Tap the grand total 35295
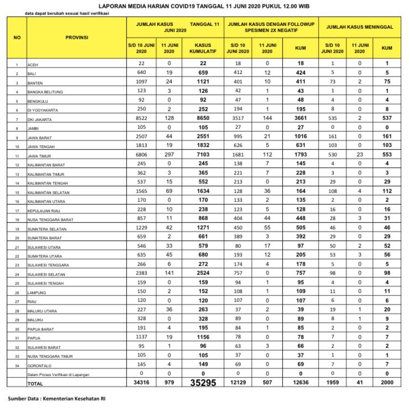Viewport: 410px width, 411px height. click(x=203, y=382)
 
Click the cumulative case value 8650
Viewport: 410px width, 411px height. click(x=203, y=118)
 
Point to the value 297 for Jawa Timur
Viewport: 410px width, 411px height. click(x=166, y=156)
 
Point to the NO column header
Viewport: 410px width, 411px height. click(x=17, y=38)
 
